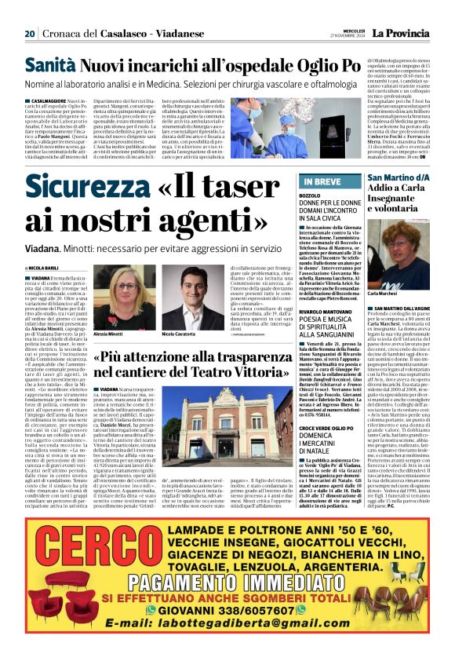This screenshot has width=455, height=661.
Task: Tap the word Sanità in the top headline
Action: click(50, 66)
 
